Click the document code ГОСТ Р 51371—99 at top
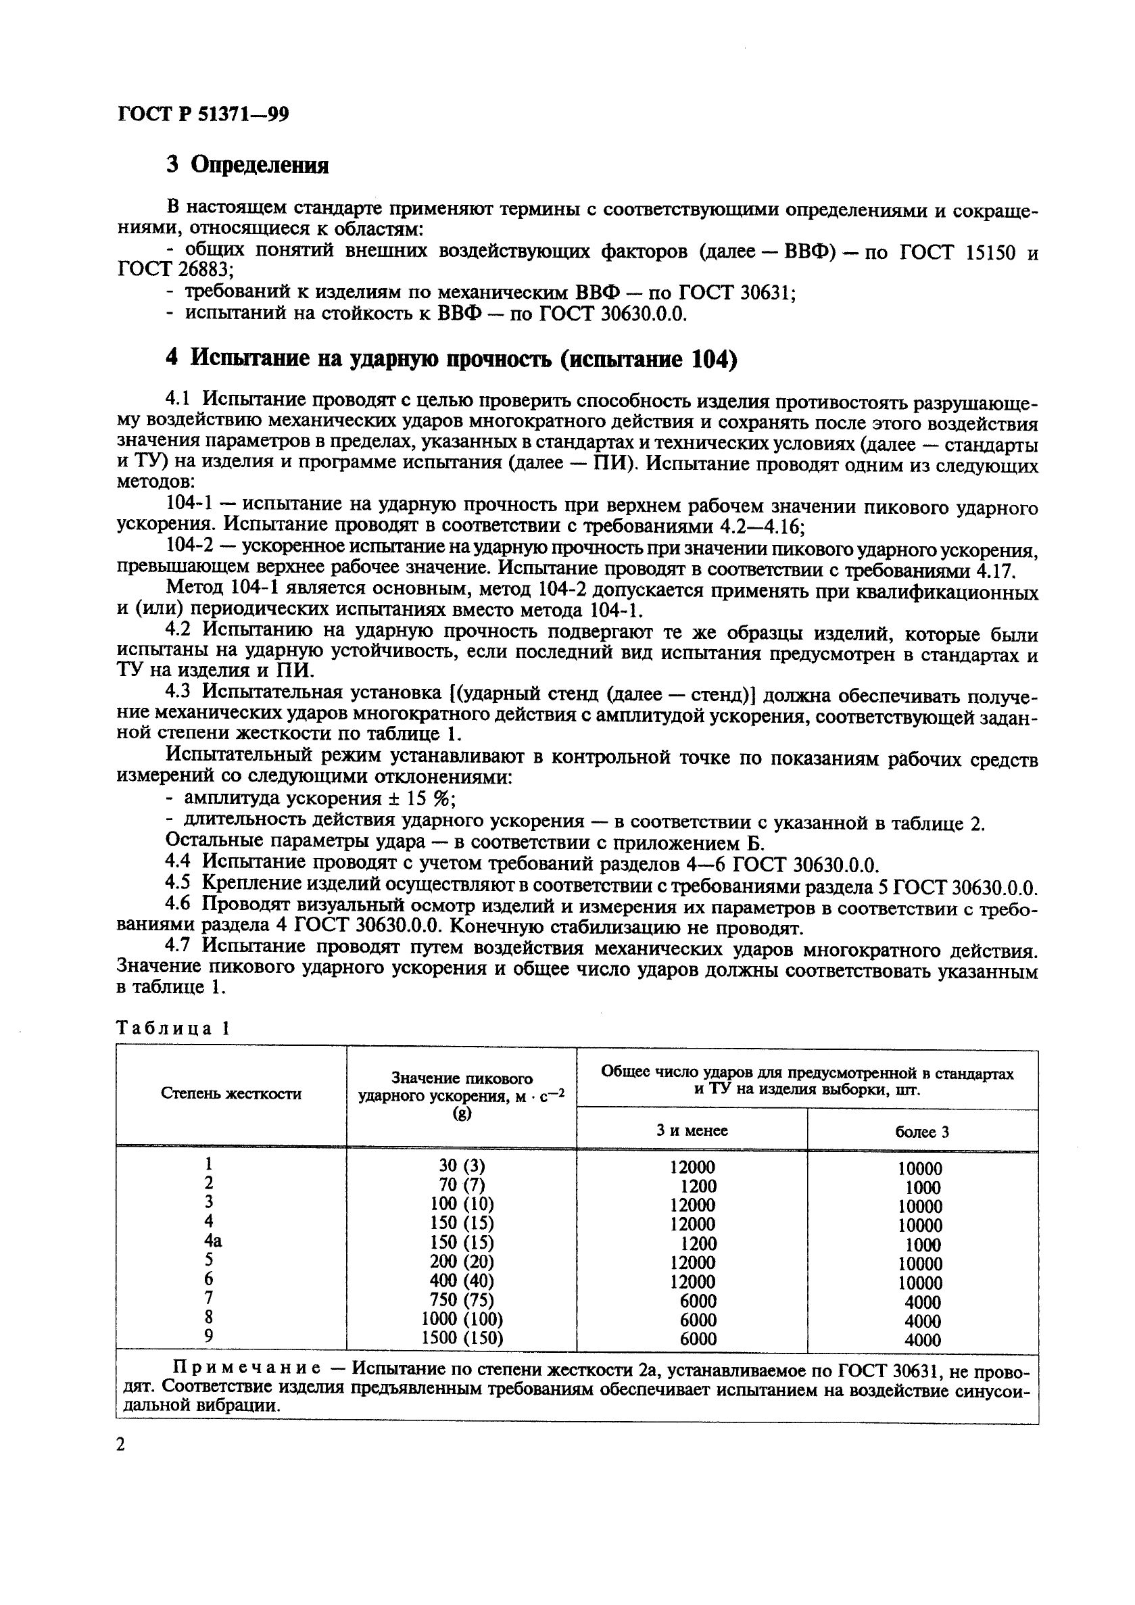(203, 114)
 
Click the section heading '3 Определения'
(247, 166)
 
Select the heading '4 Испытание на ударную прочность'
(451, 358)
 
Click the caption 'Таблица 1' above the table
(172, 1028)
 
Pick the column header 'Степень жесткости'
(231, 1094)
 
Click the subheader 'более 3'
(922, 1132)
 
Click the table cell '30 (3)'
(462, 1166)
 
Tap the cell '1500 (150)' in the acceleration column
(462, 1338)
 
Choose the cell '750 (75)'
(462, 1299)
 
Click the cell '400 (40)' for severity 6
(462, 1280)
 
